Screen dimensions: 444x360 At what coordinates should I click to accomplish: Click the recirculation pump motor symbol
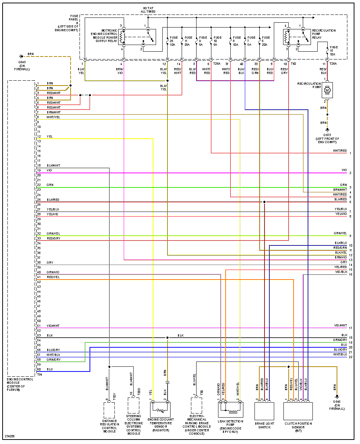327,90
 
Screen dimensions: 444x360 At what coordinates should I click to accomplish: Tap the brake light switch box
264,411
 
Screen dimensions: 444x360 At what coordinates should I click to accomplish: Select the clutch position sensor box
298,411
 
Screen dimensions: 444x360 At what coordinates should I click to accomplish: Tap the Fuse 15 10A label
334,51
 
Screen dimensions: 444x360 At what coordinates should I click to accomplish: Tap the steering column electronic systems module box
134,406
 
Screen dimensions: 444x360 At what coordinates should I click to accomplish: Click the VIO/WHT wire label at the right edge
340,325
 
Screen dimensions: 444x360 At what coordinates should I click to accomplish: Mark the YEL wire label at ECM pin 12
50,136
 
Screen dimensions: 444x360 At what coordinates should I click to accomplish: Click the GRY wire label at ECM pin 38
50,263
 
